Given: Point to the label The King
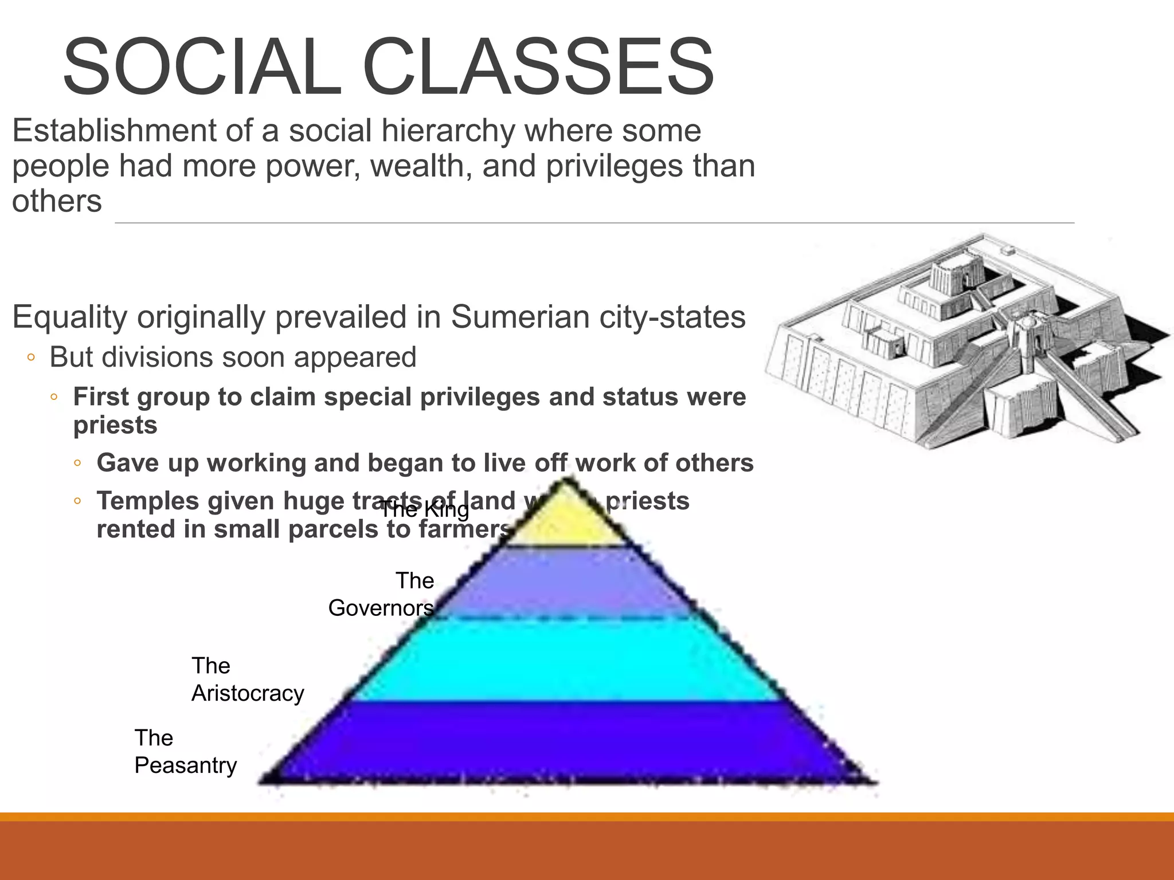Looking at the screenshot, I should tap(425, 509).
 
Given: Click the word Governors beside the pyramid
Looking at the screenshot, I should tap(381, 608).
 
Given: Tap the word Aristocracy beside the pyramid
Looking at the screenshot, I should tap(248, 693).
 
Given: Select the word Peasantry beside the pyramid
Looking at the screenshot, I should tap(186, 765).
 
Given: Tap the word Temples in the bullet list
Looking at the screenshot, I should tap(147, 501).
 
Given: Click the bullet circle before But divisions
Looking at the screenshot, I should tap(32, 358).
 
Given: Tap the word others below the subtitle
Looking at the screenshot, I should tap(57, 202).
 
